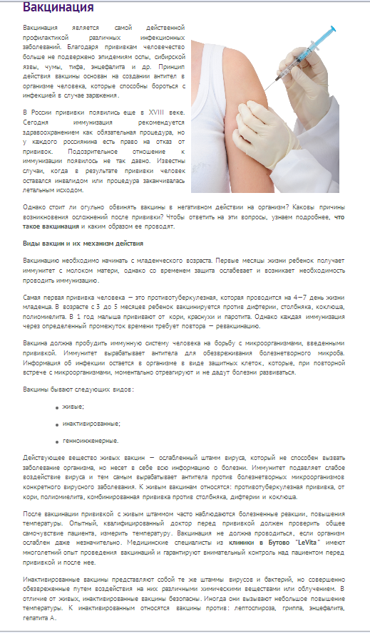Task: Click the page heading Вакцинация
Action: click(58, 8)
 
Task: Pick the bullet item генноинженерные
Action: click(91, 441)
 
